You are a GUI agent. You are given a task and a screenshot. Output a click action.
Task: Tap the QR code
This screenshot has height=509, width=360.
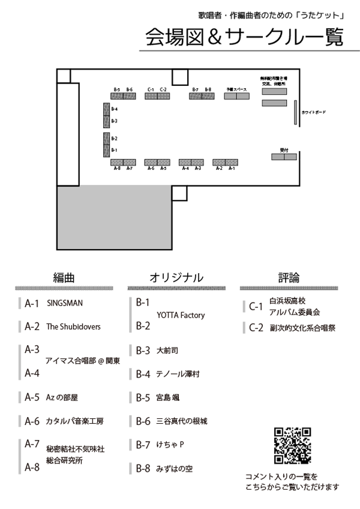click(292, 445)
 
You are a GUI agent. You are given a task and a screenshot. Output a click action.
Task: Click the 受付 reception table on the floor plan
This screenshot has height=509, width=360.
click(284, 157)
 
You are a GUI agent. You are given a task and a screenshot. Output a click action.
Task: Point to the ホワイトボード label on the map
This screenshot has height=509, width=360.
click(314, 112)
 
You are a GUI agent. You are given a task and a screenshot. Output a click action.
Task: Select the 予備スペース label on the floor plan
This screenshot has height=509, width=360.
click(236, 89)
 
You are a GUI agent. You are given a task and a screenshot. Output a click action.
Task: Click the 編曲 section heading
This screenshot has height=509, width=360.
click(63, 277)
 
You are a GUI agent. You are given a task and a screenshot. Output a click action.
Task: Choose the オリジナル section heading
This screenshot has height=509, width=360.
click(176, 277)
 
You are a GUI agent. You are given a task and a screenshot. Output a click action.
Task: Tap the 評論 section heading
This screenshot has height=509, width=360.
click(289, 277)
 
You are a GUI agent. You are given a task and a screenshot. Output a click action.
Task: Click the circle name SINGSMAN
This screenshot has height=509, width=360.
click(65, 304)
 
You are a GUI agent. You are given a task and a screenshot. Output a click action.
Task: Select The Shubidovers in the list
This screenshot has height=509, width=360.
click(73, 327)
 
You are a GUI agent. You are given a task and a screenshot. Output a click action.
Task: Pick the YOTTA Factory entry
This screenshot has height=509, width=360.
click(181, 315)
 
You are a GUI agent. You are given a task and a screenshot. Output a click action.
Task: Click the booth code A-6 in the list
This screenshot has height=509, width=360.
click(32, 421)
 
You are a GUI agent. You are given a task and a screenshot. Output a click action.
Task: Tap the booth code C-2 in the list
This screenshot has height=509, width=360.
click(256, 328)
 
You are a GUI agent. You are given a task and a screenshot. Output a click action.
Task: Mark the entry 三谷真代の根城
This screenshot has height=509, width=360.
click(181, 421)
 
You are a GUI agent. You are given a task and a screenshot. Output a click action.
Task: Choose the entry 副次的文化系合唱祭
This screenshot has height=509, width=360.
click(302, 328)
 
